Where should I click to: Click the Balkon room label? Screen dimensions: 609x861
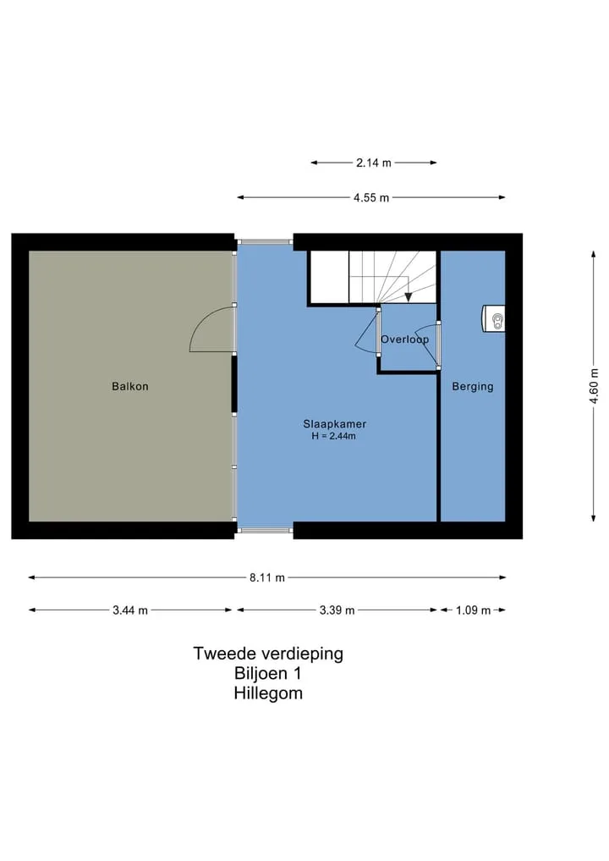tap(130, 387)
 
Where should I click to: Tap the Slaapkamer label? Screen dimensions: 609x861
tap(335, 424)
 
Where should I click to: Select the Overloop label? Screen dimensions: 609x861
tap(405, 339)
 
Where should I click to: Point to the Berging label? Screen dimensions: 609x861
tap(472, 387)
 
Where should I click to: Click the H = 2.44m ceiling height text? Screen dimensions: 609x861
tap(333, 437)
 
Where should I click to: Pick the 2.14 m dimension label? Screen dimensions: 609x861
tap(374, 163)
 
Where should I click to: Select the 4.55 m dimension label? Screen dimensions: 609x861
tap(371, 197)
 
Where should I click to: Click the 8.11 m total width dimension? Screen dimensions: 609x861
tap(267, 577)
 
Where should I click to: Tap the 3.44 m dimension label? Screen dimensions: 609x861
tap(130, 610)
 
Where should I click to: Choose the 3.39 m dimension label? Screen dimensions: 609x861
tap(337, 610)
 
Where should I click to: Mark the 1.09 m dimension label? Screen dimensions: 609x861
tap(473, 610)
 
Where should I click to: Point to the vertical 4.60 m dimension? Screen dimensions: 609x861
tap(594, 386)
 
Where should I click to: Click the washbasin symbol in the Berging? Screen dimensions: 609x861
tap(494, 318)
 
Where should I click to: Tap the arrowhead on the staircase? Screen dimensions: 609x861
tap(409, 297)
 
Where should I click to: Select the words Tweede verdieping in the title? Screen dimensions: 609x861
tap(268, 654)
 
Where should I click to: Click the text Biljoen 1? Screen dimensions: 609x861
tap(268, 673)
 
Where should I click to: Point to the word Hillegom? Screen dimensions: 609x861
tap(268, 693)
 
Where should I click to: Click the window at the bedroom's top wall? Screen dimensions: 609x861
tap(265, 241)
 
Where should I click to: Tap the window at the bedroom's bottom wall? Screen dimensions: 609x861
tap(265, 531)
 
